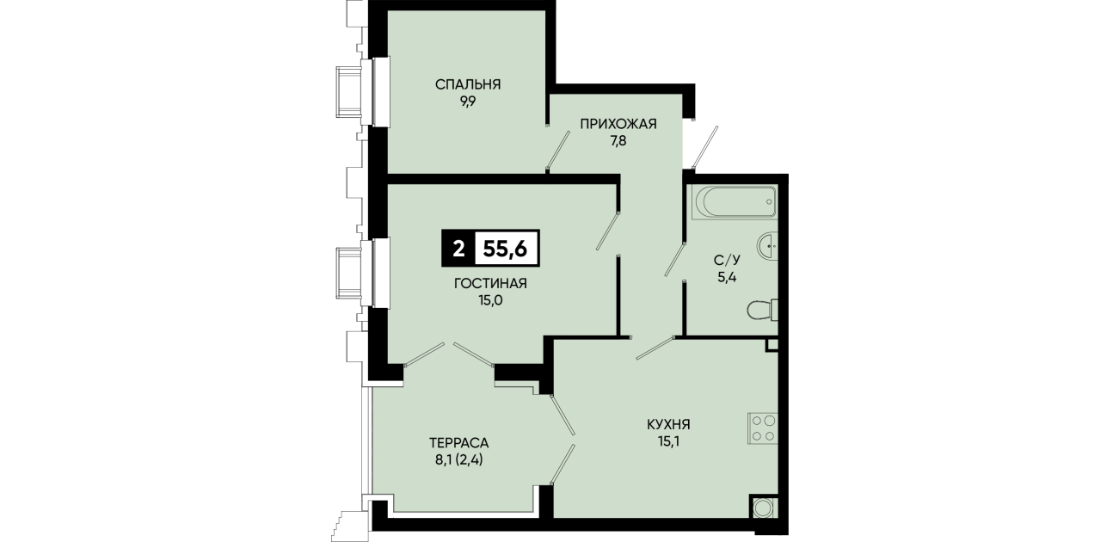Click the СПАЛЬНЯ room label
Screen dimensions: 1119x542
click(x=468, y=84)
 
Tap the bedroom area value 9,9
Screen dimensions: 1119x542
click(x=468, y=102)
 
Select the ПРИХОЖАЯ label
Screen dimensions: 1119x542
click(x=618, y=123)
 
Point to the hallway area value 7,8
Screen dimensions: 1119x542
click(x=618, y=141)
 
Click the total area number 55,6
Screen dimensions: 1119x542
click(x=505, y=249)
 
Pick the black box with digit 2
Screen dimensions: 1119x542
click(x=458, y=249)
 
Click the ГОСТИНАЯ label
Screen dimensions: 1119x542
click(x=490, y=283)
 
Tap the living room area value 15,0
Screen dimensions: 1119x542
click(x=490, y=301)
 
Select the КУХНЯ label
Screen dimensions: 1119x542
click(x=668, y=425)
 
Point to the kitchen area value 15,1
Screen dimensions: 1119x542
click(x=668, y=441)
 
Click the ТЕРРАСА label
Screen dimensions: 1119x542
click(x=458, y=442)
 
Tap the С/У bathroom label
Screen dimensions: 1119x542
click(x=727, y=260)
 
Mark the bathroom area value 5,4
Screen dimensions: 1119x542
click(x=727, y=277)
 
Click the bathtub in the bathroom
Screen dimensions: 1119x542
click(x=735, y=202)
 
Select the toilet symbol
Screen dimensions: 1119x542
click(x=763, y=311)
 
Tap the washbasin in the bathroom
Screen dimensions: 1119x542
click(x=768, y=246)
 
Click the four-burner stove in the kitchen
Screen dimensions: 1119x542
click(x=763, y=428)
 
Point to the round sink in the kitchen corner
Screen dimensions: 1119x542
click(x=764, y=509)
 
